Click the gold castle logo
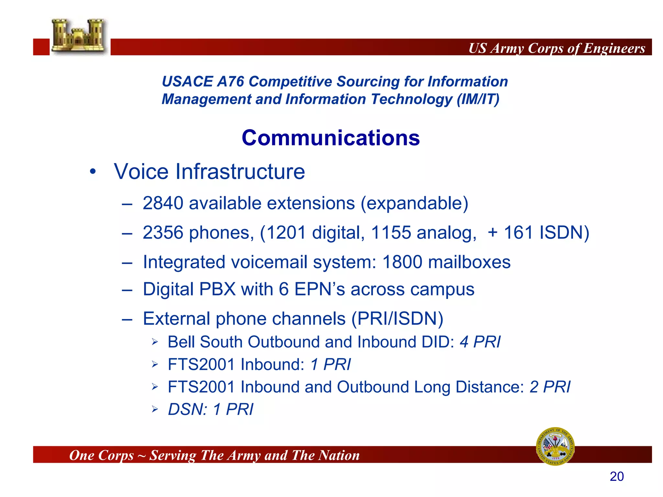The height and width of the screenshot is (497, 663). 79,36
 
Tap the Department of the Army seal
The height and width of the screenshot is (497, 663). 555,446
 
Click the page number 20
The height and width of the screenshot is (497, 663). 616,477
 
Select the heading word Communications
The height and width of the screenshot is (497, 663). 331,138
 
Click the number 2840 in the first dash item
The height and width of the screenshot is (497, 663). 163,204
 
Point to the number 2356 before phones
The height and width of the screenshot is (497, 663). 163,233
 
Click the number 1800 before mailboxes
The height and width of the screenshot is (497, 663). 402,262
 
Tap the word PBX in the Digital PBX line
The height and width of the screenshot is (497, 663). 217,289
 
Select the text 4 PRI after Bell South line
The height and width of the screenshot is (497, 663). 480,342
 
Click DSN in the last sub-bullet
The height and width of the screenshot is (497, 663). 187,410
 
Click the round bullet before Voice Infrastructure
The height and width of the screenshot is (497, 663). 93,171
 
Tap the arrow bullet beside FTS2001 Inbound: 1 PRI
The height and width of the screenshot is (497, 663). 155,365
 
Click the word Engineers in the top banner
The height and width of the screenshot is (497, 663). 614,48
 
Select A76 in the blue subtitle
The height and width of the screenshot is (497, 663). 230,82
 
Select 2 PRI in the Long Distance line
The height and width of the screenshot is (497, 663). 550,387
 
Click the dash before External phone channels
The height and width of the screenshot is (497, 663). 127,319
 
